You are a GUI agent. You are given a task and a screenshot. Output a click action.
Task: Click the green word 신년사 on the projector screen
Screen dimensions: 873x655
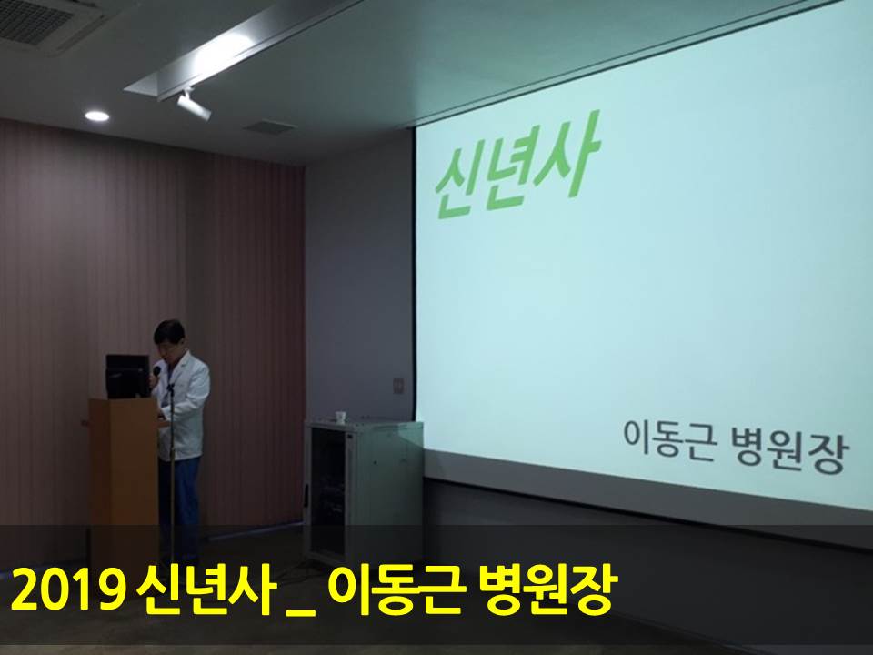pyautogui.click(x=517, y=165)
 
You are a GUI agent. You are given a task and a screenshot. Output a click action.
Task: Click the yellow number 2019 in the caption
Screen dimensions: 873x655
pyautogui.click(x=67, y=590)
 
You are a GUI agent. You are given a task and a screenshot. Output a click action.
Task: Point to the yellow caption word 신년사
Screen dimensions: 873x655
pyautogui.click(x=206, y=589)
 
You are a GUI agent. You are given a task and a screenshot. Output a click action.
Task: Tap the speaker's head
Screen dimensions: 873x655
pyautogui.click(x=169, y=338)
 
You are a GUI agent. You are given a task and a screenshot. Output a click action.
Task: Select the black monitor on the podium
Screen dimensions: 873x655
pyautogui.click(x=127, y=377)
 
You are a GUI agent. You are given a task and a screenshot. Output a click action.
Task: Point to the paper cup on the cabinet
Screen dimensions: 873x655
pyautogui.click(x=341, y=418)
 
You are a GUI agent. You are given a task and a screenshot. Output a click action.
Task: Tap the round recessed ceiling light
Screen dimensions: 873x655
pyautogui.click(x=97, y=116)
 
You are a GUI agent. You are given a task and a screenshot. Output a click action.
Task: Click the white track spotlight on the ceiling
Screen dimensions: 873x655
pyautogui.click(x=194, y=105)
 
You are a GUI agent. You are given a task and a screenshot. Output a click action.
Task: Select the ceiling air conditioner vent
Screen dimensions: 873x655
pyautogui.click(x=44, y=22)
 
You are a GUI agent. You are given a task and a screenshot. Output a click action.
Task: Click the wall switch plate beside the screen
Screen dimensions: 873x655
pyautogui.click(x=397, y=386)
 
